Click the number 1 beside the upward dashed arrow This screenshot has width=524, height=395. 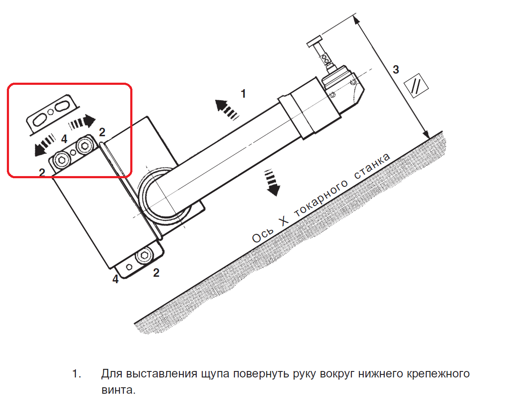coord(243,93)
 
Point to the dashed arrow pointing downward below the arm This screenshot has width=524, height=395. coord(272,183)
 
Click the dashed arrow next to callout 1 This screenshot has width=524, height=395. coord(227,108)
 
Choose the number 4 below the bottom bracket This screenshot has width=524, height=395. coord(115,279)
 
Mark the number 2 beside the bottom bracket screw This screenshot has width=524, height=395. coord(156,272)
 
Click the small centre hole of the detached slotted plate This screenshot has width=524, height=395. coord(51,112)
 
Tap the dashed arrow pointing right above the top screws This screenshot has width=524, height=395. coord(83,122)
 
